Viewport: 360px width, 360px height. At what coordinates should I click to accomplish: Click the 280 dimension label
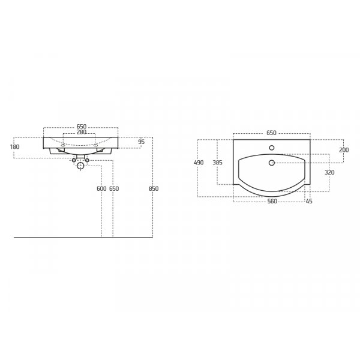point(82,132)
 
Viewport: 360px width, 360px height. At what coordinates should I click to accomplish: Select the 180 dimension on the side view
point(15,146)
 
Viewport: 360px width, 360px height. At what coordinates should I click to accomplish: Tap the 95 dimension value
point(141,142)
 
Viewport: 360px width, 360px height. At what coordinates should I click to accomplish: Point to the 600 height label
point(101,188)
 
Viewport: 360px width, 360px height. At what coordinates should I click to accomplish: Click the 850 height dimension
point(154,188)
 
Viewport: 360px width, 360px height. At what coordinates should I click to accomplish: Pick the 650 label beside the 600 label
point(114,188)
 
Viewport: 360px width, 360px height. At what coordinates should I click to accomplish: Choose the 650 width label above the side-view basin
point(82,127)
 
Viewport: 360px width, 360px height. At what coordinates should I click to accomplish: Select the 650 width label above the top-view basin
point(271,133)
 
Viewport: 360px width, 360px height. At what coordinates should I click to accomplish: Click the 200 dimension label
point(344,150)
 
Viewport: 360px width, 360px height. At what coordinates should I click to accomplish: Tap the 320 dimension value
point(329,172)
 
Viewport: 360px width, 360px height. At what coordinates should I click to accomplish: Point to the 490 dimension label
point(199,163)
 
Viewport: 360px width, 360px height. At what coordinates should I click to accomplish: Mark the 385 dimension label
point(217,163)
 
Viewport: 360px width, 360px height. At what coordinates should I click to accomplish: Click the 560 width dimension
point(272,202)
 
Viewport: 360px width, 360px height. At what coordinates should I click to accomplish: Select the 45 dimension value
point(309,202)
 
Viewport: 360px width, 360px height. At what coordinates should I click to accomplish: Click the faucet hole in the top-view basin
point(272,148)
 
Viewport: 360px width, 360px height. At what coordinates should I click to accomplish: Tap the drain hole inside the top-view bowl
point(272,163)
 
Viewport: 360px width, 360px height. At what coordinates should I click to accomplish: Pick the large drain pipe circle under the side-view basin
point(81,166)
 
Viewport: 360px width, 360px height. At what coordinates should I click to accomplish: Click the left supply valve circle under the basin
point(74,160)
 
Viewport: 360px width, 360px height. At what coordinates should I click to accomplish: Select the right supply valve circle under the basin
point(88,160)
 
